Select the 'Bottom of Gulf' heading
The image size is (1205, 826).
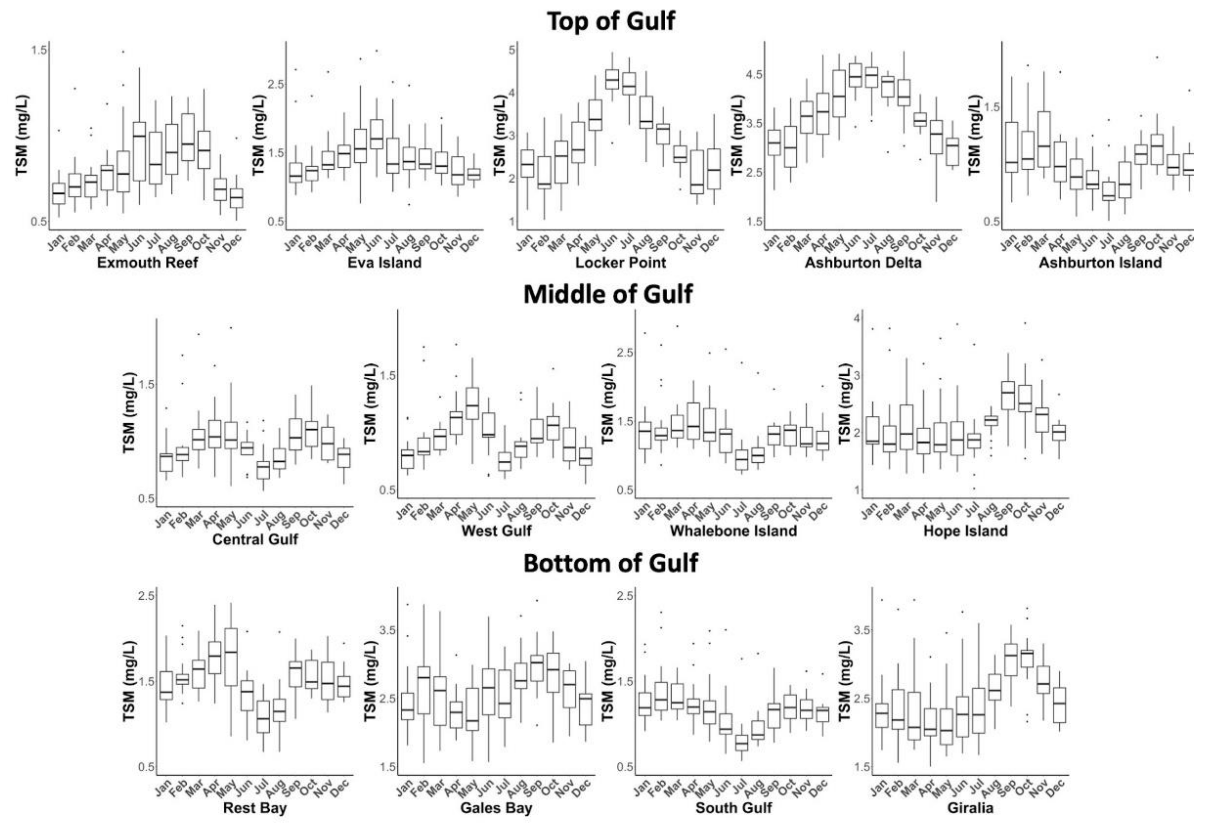pos(610,563)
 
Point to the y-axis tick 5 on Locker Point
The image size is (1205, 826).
pos(512,50)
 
